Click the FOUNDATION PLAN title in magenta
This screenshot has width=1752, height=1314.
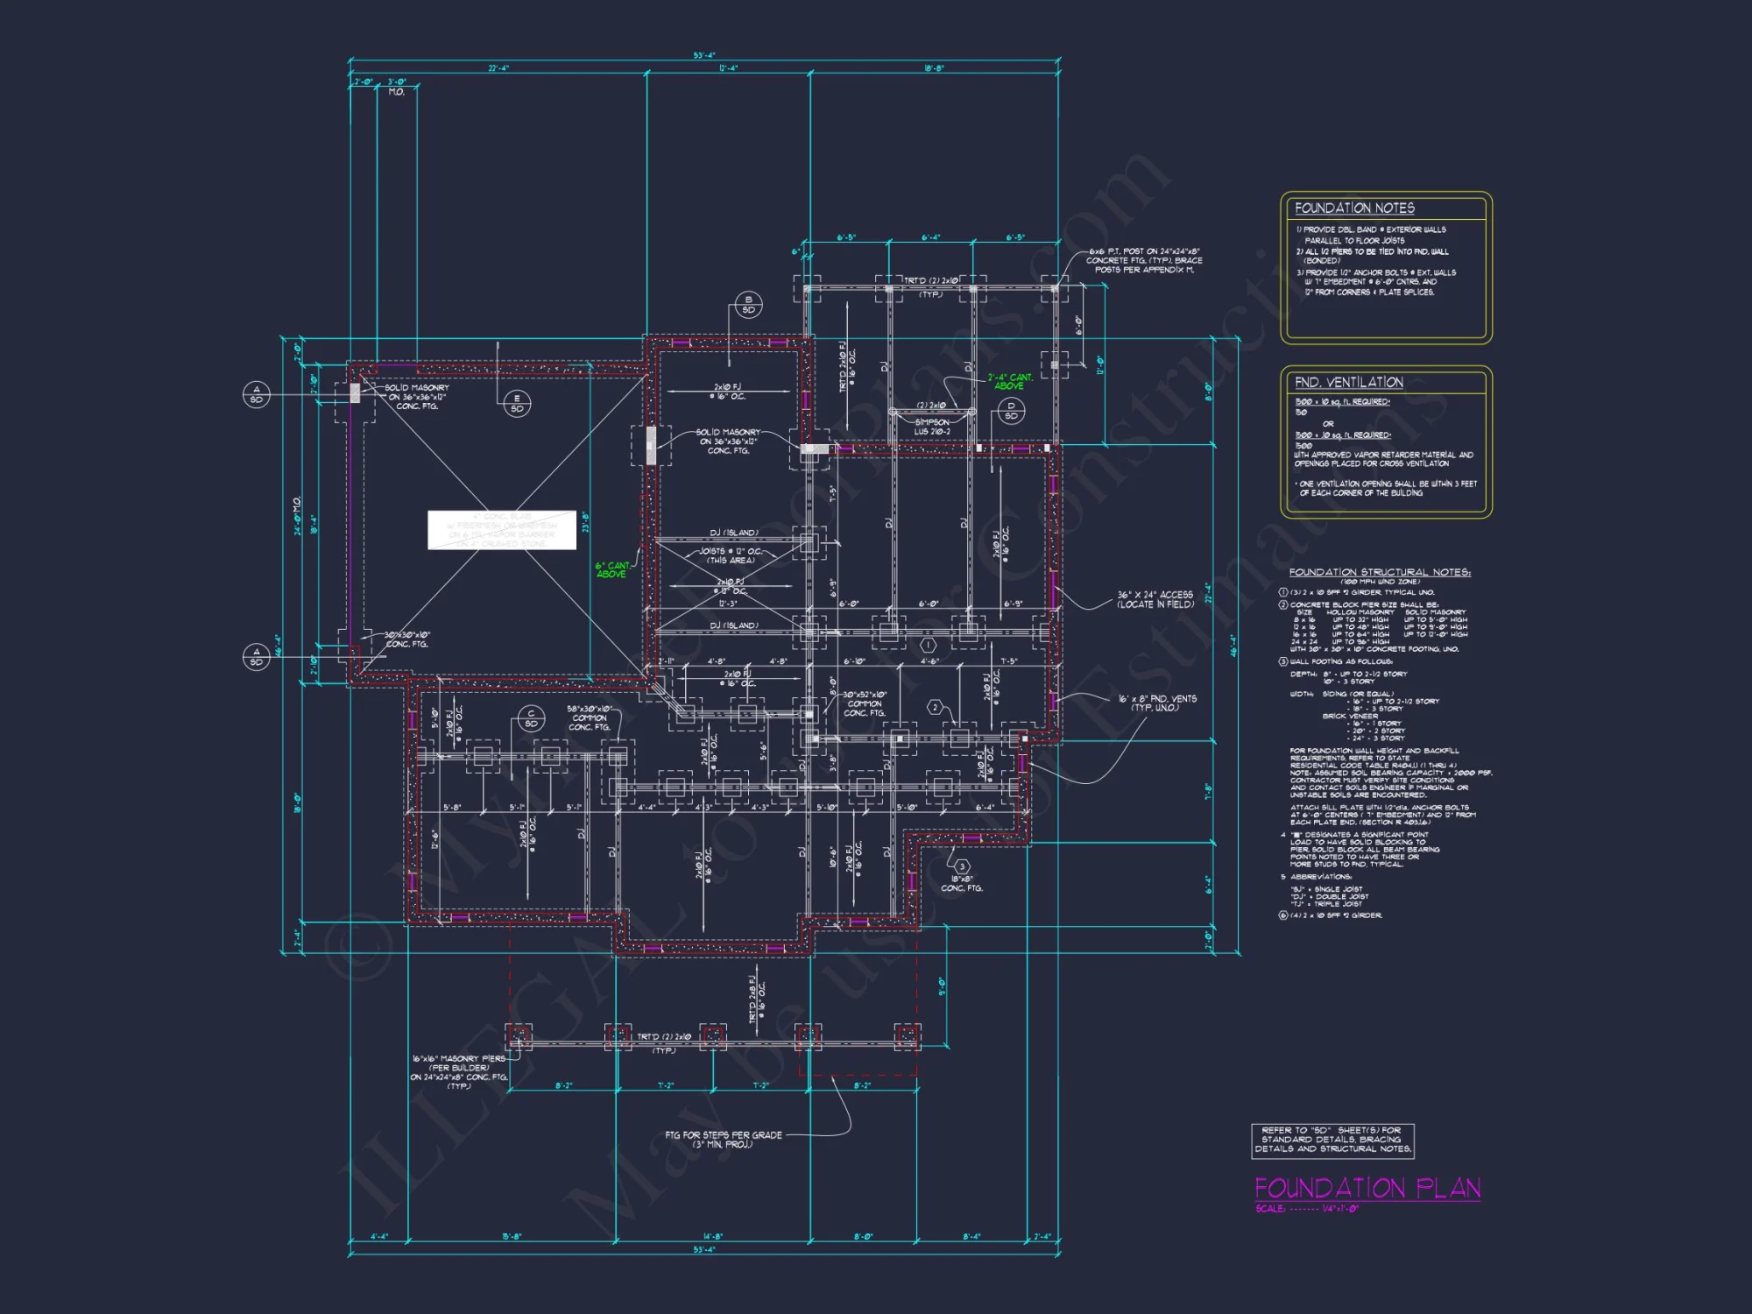pyautogui.click(x=1367, y=1188)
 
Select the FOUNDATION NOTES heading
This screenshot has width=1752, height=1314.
pyautogui.click(x=1354, y=208)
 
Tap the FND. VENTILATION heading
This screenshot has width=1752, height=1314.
pyautogui.click(x=1348, y=383)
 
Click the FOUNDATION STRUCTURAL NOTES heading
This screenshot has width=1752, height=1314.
pyautogui.click(x=1379, y=572)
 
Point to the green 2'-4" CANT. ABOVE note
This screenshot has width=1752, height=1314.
pyautogui.click(x=1010, y=381)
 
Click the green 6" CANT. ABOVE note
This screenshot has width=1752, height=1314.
pyautogui.click(x=612, y=569)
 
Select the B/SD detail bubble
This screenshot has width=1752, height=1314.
pyautogui.click(x=748, y=305)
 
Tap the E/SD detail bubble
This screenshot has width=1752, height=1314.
pyautogui.click(x=517, y=403)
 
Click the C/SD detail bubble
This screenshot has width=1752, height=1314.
pyautogui.click(x=531, y=718)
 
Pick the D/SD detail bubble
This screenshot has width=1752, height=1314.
pyautogui.click(x=1011, y=410)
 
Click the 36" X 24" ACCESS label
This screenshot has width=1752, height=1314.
pyautogui.click(x=1155, y=599)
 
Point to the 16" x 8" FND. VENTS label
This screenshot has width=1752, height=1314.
pyautogui.click(x=1156, y=703)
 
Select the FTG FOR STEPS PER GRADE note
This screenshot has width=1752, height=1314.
pyautogui.click(x=723, y=1139)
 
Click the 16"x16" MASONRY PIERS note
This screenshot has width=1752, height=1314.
pyautogui.click(x=459, y=1071)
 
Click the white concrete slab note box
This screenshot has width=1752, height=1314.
pyautogui.click(x=501, y=530)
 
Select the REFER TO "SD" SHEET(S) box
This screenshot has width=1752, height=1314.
pyautogui.click(x=1332, y=1140)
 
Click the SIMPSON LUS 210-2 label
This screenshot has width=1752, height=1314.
pyautogui.click(x=932, y=427)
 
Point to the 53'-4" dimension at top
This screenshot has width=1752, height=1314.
pyautogui.click(x=703, y=55)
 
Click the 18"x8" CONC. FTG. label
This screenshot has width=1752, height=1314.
pyautogui.click(x=961, y=883)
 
